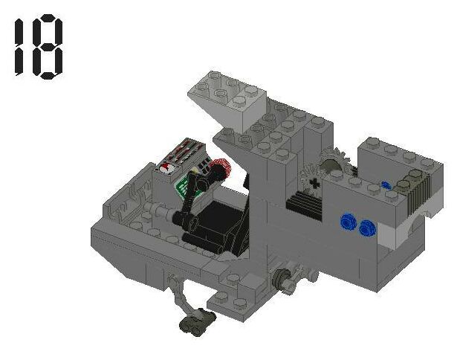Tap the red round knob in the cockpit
[218, 172]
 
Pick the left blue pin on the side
[347, 221]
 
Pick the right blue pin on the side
[366, 228]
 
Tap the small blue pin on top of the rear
[386, 184]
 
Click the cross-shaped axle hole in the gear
[315, 182]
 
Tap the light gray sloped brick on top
[227, 100]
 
